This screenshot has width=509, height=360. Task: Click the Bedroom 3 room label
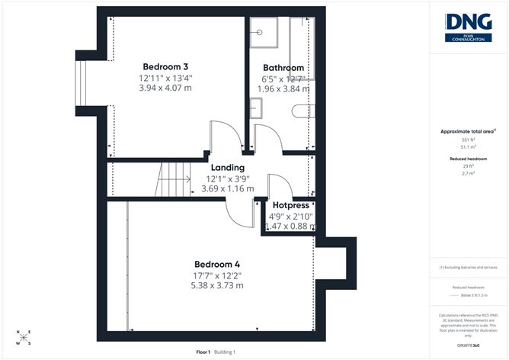click(165, 66)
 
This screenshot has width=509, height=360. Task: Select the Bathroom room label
click(284, 67)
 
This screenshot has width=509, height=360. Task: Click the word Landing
click(229, 168)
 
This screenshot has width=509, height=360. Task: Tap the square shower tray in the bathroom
click(264, 34)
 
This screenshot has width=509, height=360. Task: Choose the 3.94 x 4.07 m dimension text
click(165, 89)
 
